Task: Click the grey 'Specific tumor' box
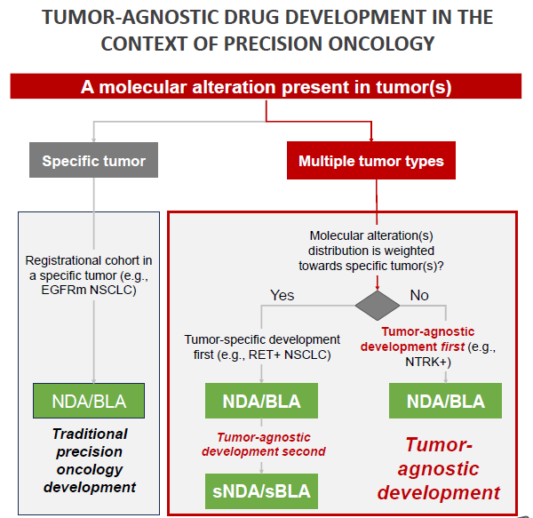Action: coord(93,160)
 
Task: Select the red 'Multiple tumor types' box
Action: coord(371,161)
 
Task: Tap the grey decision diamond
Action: coord(378,306)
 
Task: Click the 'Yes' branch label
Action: coord(282,295)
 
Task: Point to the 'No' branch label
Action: coord(419,295)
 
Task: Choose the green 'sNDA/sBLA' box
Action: coord(261,491)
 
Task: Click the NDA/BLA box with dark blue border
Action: coord(89,401)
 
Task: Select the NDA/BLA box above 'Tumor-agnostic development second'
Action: coord(261,401)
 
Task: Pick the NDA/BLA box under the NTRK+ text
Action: coord(445,401)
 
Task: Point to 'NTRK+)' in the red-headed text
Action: coord(428,362)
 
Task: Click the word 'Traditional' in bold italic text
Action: coord(90,434)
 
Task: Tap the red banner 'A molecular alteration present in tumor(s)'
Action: coord(266,86)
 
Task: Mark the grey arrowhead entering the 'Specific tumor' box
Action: coord(93,140)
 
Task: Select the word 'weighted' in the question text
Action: coord(412,251)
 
